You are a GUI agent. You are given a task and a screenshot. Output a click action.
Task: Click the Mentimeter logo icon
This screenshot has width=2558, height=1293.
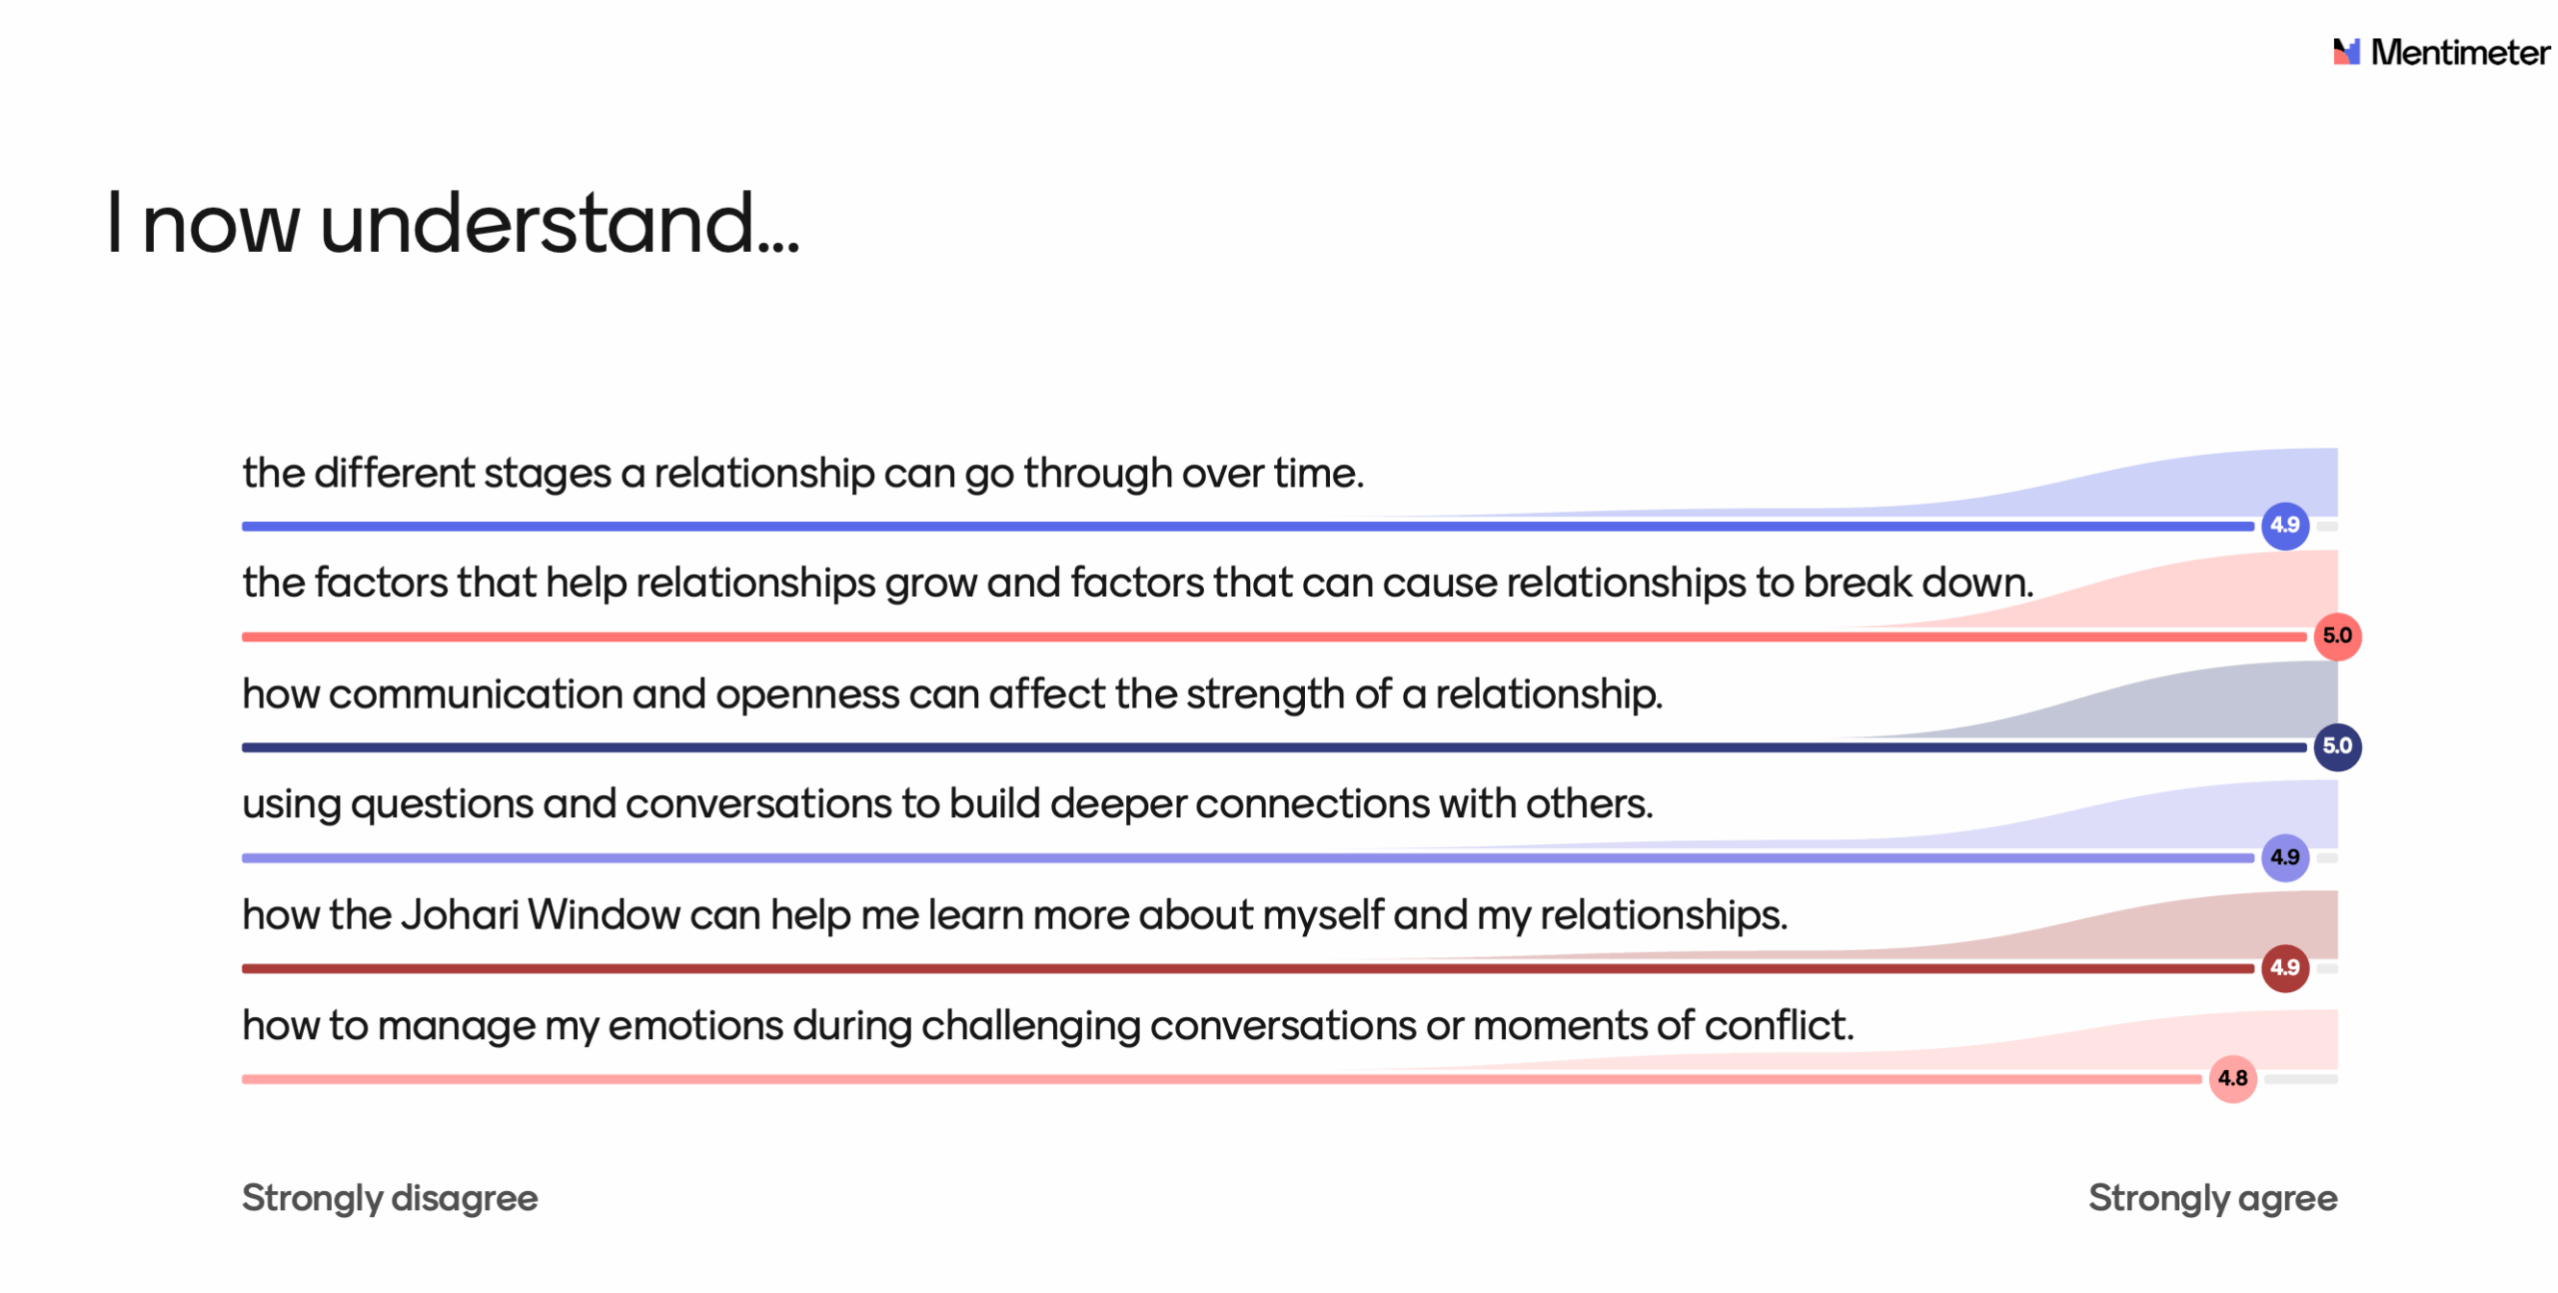2345,52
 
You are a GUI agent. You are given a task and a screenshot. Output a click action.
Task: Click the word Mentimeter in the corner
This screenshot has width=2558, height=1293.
2459,52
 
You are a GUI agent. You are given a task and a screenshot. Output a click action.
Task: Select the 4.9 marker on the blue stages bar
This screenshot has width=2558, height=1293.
2284,525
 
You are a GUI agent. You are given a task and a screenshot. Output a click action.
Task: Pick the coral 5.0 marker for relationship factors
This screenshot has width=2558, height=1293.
2337,636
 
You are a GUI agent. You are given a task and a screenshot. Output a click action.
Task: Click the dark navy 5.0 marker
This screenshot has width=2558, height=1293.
2337,746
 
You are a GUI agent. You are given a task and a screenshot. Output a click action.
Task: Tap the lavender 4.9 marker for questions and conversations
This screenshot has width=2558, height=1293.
2284,857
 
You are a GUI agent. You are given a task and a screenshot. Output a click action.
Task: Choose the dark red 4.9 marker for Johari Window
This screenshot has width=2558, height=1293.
2284,968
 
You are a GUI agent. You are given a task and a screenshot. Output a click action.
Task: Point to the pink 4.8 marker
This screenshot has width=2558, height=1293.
2232,1079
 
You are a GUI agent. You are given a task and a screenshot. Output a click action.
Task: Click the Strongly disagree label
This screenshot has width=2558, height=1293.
390,1198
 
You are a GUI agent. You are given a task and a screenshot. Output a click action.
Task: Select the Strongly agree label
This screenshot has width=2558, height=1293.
2212,1198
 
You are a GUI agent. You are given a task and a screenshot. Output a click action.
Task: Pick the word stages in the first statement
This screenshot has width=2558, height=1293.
547,474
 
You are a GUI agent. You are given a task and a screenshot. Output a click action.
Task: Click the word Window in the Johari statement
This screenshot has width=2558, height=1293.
604,914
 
